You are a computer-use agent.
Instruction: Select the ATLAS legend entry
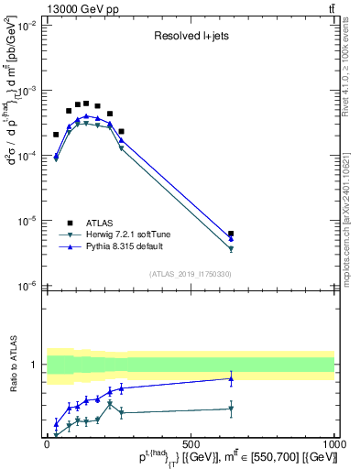[x=100, y=222]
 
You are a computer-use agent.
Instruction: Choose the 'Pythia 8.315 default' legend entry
[x=129, y=247]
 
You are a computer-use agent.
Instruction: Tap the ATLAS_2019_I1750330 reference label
[x=190, y=273]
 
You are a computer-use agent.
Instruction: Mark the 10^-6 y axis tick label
[x=27, y=286]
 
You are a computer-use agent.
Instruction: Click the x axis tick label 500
[x=191, y=443]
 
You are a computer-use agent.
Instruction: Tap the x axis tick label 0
[x=47, y=443]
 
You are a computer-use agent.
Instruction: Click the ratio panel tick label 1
[x=34, y=365]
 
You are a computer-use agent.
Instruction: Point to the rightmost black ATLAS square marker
[x=231, y=234]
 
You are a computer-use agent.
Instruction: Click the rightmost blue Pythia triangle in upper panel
[x=231, y=239]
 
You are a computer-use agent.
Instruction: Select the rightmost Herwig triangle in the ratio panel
[x=231, y=409]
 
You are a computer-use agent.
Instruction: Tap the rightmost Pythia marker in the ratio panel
[x=231, y=378]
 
